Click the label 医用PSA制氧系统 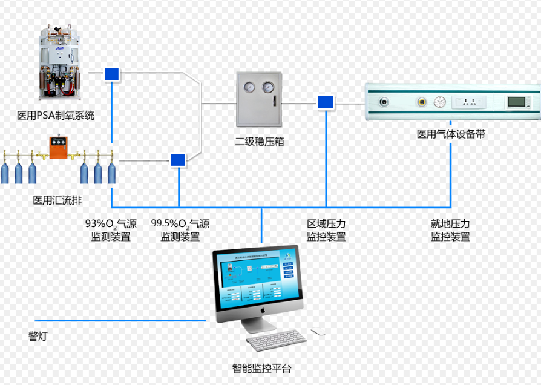(x=56, y=115)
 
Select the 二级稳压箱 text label (x=259, y=142)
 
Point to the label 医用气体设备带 (x=451, y=134)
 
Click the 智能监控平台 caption (x=261, y=368)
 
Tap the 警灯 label (x=38, y=336)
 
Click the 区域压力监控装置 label (x=326, y=231)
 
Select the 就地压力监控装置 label (x=450, y=231)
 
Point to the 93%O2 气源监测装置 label (x=111, y=231)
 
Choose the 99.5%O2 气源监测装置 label (x=180, y=231)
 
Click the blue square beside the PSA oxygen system (x=111, y=74)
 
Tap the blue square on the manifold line (x=178, y=160)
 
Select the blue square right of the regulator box (x=326, y=102)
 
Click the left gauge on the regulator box (x=249, y=88)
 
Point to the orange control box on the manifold (x=58, y=148)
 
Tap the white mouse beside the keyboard (x=318, y=332)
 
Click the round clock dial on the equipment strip (x=440, y=102)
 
